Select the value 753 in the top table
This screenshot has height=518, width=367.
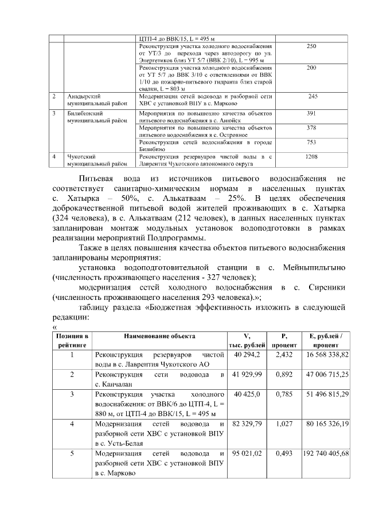click(312, 142)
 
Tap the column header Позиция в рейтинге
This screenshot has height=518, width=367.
click(72, 341)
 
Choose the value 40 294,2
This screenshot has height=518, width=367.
click(247, 355)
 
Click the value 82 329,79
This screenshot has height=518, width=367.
click(247, 424)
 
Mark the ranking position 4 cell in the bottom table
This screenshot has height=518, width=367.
click(72, 424)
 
